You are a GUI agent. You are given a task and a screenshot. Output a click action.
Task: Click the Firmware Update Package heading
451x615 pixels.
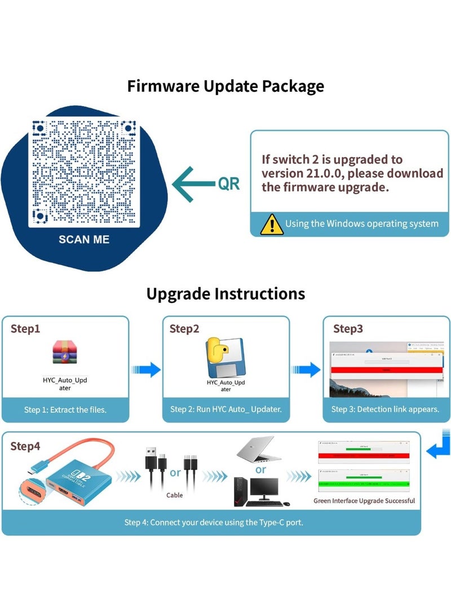tap(225, 86)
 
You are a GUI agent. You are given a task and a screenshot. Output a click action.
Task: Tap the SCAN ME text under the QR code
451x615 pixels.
tap(84, 239)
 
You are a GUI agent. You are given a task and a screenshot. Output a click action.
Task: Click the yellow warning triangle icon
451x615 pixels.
tap(272, 224)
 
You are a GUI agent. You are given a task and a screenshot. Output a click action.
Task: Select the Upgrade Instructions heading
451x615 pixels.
tap(225, 293)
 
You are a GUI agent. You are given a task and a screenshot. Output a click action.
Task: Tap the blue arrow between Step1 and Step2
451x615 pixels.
tap(146, 369)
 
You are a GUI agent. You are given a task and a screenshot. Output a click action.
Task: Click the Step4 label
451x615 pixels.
tap(25, 447)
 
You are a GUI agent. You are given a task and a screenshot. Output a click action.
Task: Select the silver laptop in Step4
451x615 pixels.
tap(258, 449)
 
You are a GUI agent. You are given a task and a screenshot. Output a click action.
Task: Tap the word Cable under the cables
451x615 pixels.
tap(174, 496)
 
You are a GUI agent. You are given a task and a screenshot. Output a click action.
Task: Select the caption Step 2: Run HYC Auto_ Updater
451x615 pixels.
tap(225, 409)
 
